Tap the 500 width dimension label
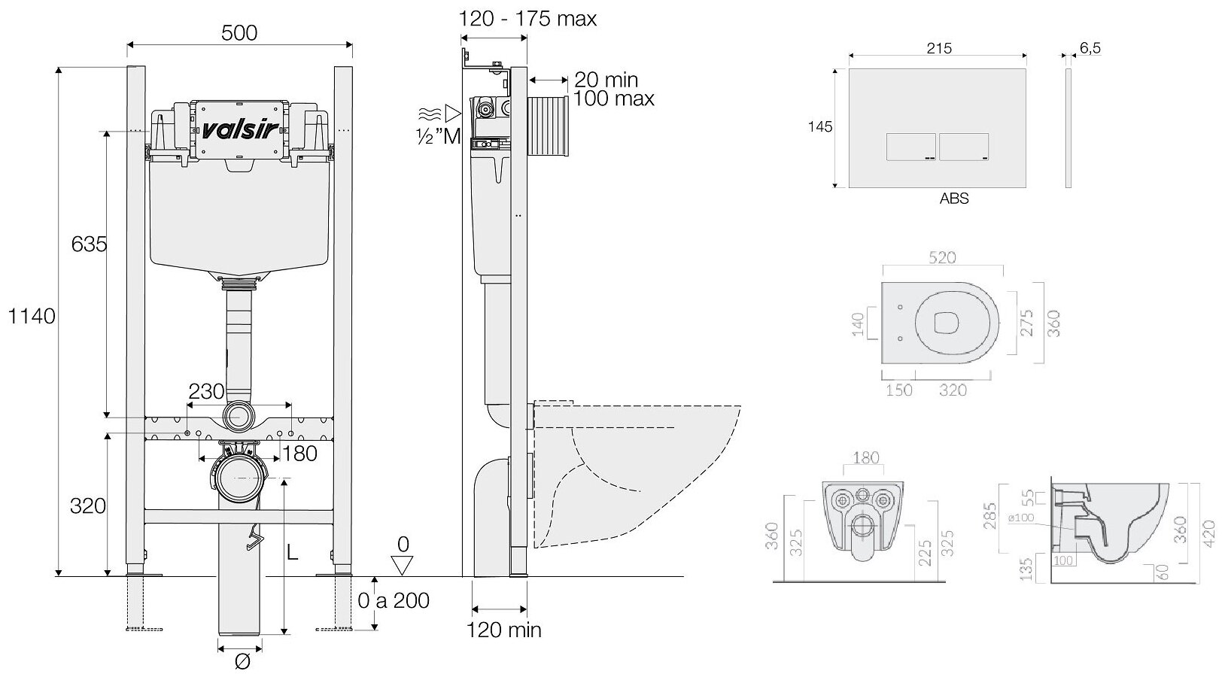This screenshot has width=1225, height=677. [x=239, y=32]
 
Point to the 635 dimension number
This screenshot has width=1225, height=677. [x=90, y=244]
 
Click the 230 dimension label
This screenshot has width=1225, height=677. [x=206, y=391]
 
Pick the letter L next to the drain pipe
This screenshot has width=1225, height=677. [x=292, y=552]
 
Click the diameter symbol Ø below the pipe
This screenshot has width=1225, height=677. [x=242, y=663]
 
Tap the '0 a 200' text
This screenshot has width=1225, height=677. [x=394, y=600]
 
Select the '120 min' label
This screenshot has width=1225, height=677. [x=504, y=629]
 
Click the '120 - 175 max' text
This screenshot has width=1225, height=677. [x=528, y=18]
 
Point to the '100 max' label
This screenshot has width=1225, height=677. [x=613, y=99]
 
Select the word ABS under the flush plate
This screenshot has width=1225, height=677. [x=954, y=199]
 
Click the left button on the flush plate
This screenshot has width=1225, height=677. [x=912, y=147]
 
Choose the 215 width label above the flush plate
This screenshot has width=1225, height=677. [x=938, y=48]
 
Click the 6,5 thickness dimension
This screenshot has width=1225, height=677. [x=1090, y=48]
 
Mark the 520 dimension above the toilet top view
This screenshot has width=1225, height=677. [x=941, y=258]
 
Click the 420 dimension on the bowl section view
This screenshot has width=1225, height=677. [x=1208, y=534]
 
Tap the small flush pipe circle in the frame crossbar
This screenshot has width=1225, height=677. [x=239, y=416]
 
